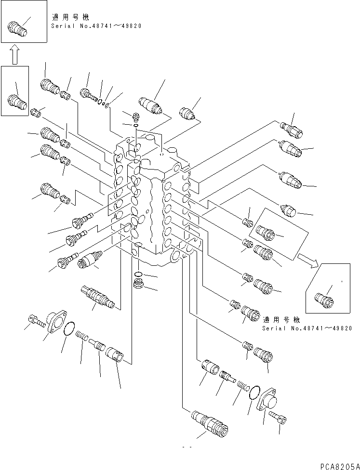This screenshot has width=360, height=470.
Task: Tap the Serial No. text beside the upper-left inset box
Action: tap(96, 26)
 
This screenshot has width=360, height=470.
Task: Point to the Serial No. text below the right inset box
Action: tap(307, 328)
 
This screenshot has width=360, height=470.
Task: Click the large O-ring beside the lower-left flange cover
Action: tap(68, 329)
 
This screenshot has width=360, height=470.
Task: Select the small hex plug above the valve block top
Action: tap(135, 116)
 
